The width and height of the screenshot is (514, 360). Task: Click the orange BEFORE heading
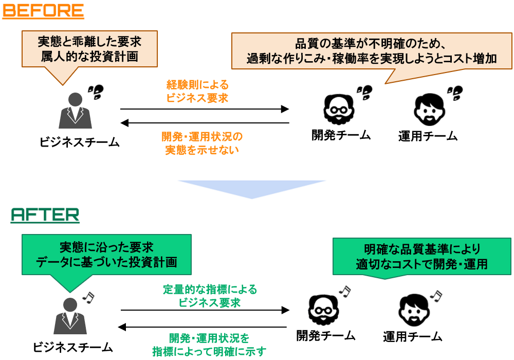43,11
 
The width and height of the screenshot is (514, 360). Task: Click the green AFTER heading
45,215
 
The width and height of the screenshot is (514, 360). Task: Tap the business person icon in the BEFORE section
75,111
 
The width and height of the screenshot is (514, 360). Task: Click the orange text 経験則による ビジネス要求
197,92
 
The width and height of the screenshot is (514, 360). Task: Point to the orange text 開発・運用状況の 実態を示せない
202,143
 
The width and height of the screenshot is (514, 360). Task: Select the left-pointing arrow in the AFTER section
203,327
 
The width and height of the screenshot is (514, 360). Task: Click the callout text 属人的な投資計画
89,57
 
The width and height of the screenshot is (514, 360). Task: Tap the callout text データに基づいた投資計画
106,262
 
